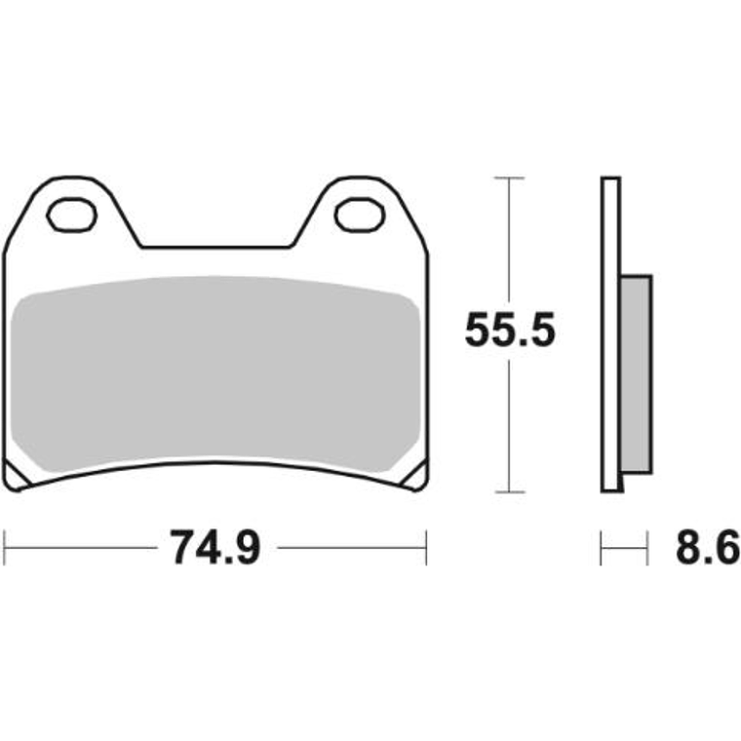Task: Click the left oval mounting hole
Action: coord(74,214)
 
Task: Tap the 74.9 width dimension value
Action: coord(216,548)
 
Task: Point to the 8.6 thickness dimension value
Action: coord(705,548)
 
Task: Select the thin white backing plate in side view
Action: coord(610,331)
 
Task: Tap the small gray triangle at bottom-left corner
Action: coord(19,475)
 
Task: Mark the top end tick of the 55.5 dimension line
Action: coord(509,178)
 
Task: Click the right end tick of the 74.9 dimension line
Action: coord(426,548)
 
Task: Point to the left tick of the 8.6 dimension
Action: coord(603,548)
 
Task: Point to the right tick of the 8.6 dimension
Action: coord(647,548)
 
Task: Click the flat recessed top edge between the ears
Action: coord(216,247)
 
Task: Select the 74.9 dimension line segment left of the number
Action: coord(83,548)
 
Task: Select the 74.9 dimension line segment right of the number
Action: coord(351,548)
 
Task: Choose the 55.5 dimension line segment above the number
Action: coord(509,244)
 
